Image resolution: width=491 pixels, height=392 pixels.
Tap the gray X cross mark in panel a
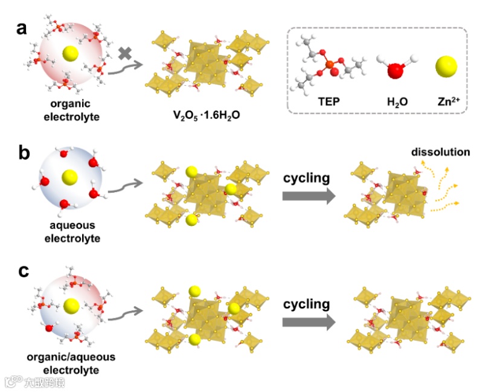125,53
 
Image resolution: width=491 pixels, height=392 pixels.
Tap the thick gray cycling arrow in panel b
308,196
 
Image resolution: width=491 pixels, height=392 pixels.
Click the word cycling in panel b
306,178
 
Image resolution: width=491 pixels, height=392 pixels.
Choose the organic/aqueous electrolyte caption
71,363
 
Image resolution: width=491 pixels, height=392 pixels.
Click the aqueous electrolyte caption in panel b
71,233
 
